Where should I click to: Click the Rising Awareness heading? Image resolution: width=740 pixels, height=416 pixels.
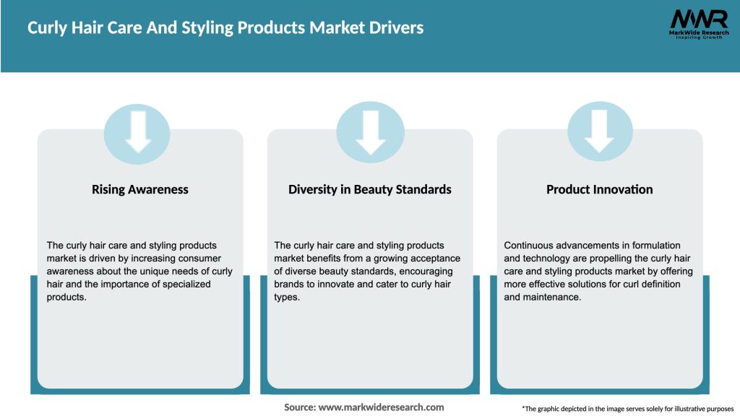pos(139,189)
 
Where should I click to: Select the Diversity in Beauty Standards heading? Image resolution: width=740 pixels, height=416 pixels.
pos(369,189)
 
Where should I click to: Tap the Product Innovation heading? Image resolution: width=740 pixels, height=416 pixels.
pos(599,189)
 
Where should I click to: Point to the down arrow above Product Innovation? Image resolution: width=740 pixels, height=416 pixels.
pos(600,131)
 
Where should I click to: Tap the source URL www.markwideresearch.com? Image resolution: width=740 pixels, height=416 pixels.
pos(381,407)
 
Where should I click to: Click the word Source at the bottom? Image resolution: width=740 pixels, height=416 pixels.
pos(300,407)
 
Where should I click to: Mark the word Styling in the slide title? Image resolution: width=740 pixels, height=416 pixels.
pos(186,28)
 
